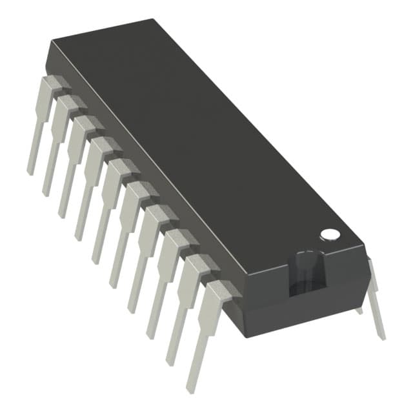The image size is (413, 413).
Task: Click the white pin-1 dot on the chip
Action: point(330,234)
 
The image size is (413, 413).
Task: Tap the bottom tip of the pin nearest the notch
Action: point(191,388)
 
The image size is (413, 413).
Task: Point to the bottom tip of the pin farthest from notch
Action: point(30,172)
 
